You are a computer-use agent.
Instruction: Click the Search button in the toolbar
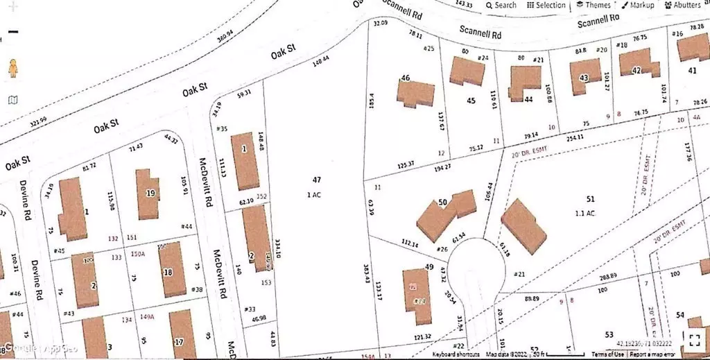501,5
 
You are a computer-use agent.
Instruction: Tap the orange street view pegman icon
12,69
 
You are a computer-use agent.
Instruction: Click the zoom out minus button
12,32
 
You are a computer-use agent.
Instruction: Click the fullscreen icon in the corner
694,338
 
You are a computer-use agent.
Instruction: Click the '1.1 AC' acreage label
585,214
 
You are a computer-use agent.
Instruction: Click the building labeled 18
169,273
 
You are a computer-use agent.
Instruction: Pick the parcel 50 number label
442,202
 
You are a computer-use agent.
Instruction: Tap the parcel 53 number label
609,335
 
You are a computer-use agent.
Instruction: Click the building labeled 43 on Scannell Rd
582,77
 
